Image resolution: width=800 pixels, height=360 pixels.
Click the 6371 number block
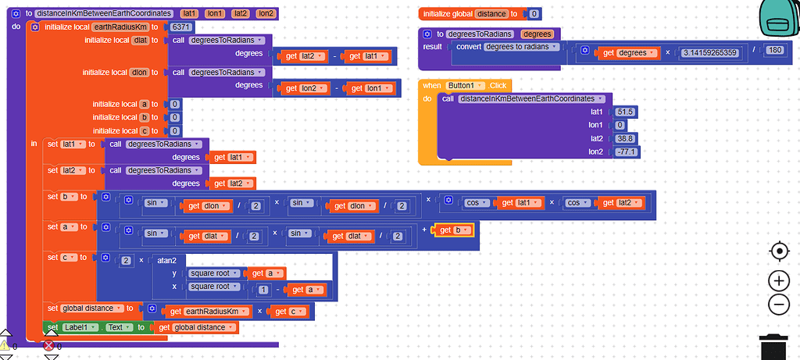tap(180, 27)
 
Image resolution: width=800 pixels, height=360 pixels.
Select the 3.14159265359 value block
tap(709, 52)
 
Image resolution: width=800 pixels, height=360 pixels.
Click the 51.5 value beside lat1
tap(624, 112)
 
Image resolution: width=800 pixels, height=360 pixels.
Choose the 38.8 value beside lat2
tap(624, 139)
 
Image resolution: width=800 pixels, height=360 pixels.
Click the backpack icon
tap(779, 19)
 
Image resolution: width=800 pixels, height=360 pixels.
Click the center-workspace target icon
tap(779, 251)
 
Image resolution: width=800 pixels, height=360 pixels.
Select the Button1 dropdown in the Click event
tap(465, 86)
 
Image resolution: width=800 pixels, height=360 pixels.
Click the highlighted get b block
tap(453, 230)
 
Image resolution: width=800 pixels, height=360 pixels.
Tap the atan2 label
tap(167, 260)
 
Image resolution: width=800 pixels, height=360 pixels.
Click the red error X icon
tap(49, 346)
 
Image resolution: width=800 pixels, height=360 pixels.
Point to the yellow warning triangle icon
tap(6, 345)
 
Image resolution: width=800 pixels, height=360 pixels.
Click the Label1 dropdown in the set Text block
tap(80, 327)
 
